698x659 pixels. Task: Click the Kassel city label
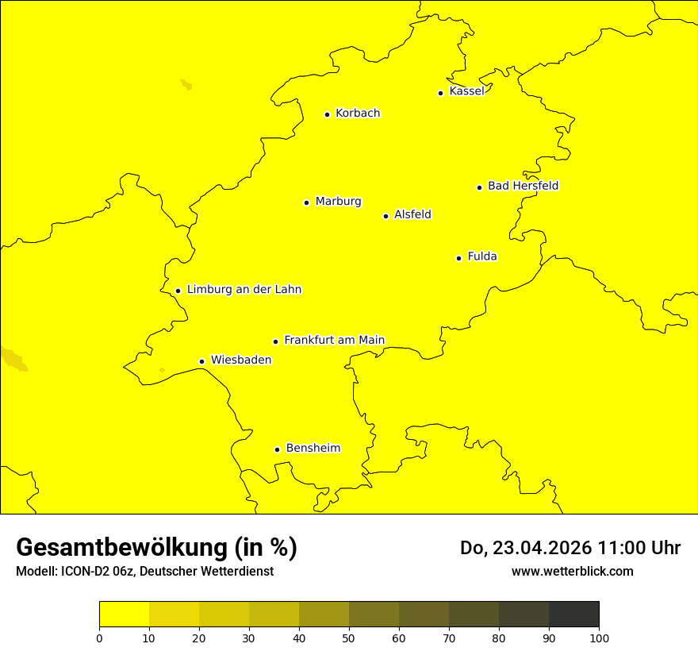click(466, 91)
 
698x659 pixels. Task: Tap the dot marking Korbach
click(327, 114)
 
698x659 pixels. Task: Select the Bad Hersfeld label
click(523, 186)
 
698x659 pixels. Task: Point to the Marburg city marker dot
click(306, 202)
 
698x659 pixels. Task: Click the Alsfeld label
click(412, 214)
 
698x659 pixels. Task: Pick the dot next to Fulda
click(458, 258)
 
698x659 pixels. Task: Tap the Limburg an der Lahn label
click(244, 290)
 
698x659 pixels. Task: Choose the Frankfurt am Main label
click(334, 340)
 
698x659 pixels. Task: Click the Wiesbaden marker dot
click(202, 361)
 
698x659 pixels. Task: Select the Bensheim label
click(313, 448)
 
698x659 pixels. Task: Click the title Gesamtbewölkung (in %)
click(156, 548)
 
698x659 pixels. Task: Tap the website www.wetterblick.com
click(572, 571)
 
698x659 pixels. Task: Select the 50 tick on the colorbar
click(349, 638)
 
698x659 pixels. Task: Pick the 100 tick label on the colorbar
click(599, 638)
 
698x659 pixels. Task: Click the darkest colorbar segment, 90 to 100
click(573, 614)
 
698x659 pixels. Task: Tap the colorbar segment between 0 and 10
click(124, 614)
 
